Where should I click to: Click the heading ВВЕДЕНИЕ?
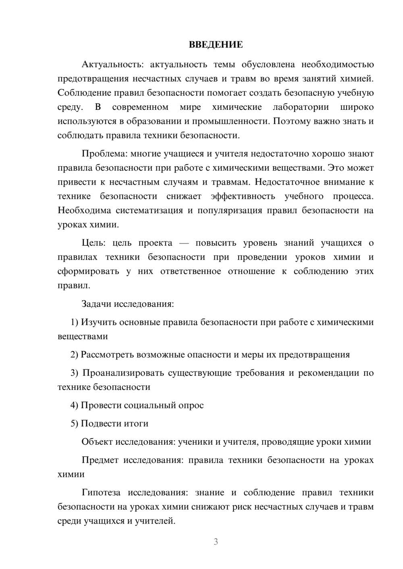(x=216, y=45)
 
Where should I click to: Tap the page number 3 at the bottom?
(x=216, y=542)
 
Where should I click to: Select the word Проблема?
(x=99, y=153)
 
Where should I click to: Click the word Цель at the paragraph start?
(x=93, y=243)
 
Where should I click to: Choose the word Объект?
(x=97, y=441)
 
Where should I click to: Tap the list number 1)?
(x=74, y=322)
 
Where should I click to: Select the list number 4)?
(x=74, y=405)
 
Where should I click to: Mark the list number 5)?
(x=74, y=423)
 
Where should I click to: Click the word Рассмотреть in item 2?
(x=107, y=355)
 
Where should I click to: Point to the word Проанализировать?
(x=123, y=373)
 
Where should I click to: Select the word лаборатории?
(x=301, y=107)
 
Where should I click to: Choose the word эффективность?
(x=243, y=196)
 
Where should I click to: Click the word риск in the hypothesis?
(x=241, y=507)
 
